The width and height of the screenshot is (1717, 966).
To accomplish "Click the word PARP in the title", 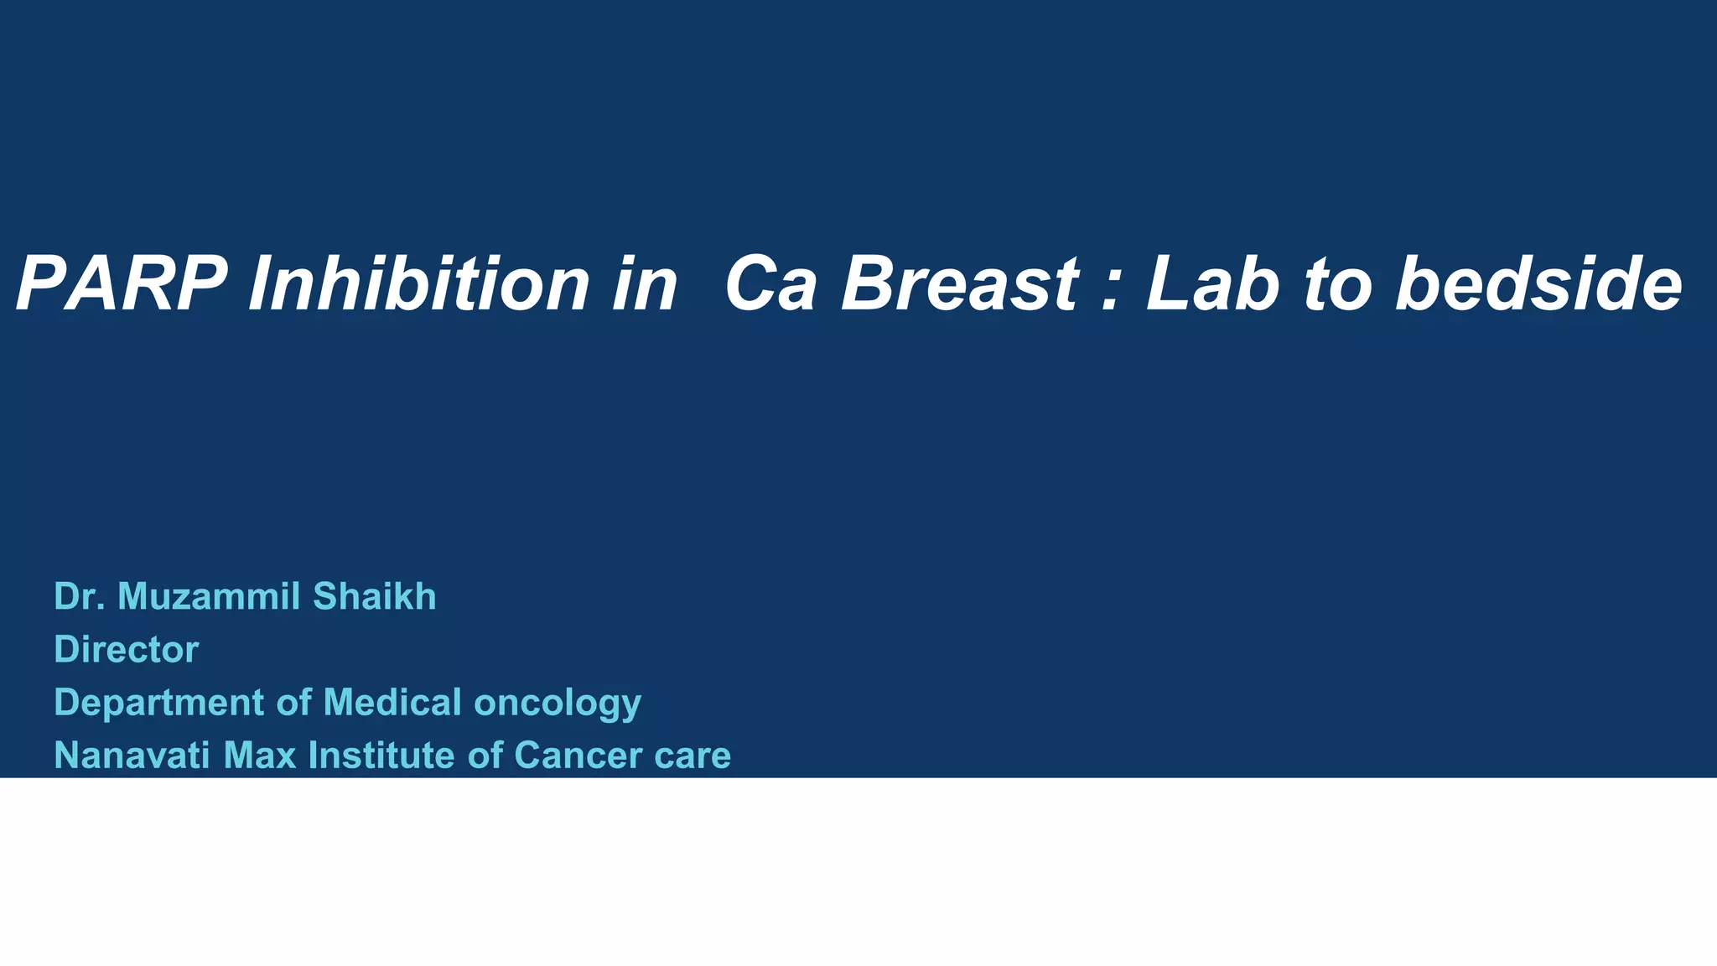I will point(122,285).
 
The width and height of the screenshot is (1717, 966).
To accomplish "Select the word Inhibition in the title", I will point(419,285).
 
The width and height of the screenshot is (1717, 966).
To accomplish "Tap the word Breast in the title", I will point(960,285).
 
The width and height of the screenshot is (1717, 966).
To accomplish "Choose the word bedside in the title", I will point(1538,285).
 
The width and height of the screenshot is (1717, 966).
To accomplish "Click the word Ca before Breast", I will point(770,285).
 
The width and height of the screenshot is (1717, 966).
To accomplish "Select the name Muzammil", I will point(210,596).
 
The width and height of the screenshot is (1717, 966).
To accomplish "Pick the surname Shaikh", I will point(374,596).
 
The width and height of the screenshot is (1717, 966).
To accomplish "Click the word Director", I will point(126,650).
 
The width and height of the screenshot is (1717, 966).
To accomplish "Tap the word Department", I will point(159,703).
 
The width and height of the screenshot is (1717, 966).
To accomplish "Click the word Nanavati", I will point(132,756).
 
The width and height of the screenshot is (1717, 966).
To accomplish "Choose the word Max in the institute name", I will point(260,756).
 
